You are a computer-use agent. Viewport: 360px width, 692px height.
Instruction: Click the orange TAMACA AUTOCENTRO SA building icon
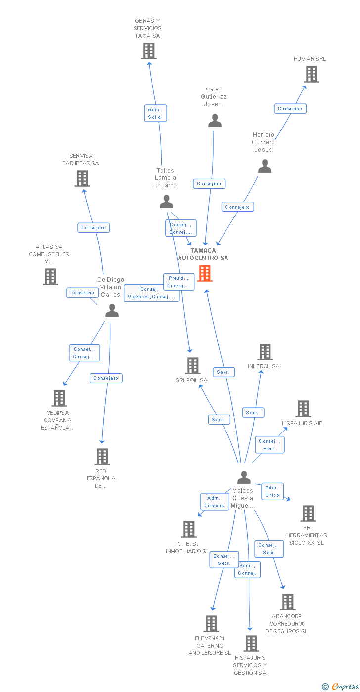(x=205, y=273)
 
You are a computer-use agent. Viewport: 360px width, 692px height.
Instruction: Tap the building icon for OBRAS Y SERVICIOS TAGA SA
(x=148, y=51)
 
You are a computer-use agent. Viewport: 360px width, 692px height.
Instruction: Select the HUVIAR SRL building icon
(x=311, y=74)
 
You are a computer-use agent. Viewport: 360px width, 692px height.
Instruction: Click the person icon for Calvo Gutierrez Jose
(x=215, y=121)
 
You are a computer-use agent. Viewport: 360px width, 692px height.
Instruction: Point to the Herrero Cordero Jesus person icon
(x=265, y=166)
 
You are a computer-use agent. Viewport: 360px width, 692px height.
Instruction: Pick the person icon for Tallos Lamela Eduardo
(x=167, y=202)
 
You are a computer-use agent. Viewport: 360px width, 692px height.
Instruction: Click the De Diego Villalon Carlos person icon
(x=112, y=311)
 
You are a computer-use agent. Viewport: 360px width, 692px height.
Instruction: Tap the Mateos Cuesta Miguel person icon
(x=244, y=477)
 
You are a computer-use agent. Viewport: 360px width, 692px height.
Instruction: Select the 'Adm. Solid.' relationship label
(x=156, y=113)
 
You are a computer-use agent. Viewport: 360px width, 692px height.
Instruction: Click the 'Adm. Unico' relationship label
(x=272, y=491)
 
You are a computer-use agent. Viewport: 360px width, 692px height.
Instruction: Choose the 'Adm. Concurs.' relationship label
(x=215, y=502)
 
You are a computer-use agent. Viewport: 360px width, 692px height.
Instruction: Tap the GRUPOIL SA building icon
(x=192, y=366)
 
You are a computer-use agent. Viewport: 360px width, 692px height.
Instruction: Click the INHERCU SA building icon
(x=265, y=352)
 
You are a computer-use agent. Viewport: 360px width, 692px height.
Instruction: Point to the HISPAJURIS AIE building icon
(x=303, y=409)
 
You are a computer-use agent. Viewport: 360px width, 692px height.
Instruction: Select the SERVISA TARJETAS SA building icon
(x=82, y=178)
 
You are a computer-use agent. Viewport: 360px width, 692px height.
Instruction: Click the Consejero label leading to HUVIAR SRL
(x=290, y=108)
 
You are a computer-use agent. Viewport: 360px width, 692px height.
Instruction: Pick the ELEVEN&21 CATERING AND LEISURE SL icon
(x=211, y=624)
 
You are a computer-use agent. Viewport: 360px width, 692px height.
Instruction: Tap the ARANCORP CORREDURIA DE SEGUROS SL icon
(x=287, y=602)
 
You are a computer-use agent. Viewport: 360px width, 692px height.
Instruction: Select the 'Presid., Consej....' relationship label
(x=179, y=282)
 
